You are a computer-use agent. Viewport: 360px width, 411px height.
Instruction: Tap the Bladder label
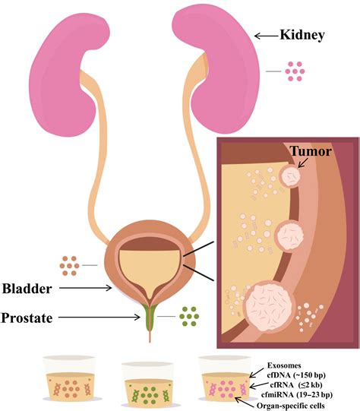coord(27,289)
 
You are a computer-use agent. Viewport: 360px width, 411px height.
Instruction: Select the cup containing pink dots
coord(226,381)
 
